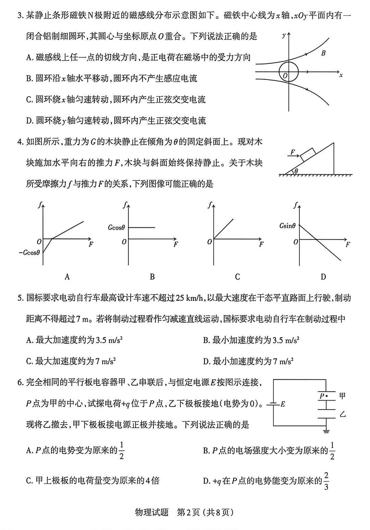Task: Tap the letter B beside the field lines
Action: click(x=323, y=53)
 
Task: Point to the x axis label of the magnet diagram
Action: click(x=341, y=75)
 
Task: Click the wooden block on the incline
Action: click(x=308, y=154)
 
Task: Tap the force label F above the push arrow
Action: click(x=292, y=152)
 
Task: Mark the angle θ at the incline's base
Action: click(x=296, y=171)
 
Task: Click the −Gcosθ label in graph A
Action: click(x=29, y=253)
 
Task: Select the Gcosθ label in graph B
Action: click(x=116, y=228)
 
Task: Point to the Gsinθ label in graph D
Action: click(x=287, y=226)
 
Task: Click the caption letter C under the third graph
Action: click(x=237, y=277)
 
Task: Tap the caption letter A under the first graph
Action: click(x=67, y=277)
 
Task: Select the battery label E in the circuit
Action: click(x=283, y=404)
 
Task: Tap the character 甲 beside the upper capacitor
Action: click(x=342, y=396)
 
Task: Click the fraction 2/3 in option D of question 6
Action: click(x=326, y=481)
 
